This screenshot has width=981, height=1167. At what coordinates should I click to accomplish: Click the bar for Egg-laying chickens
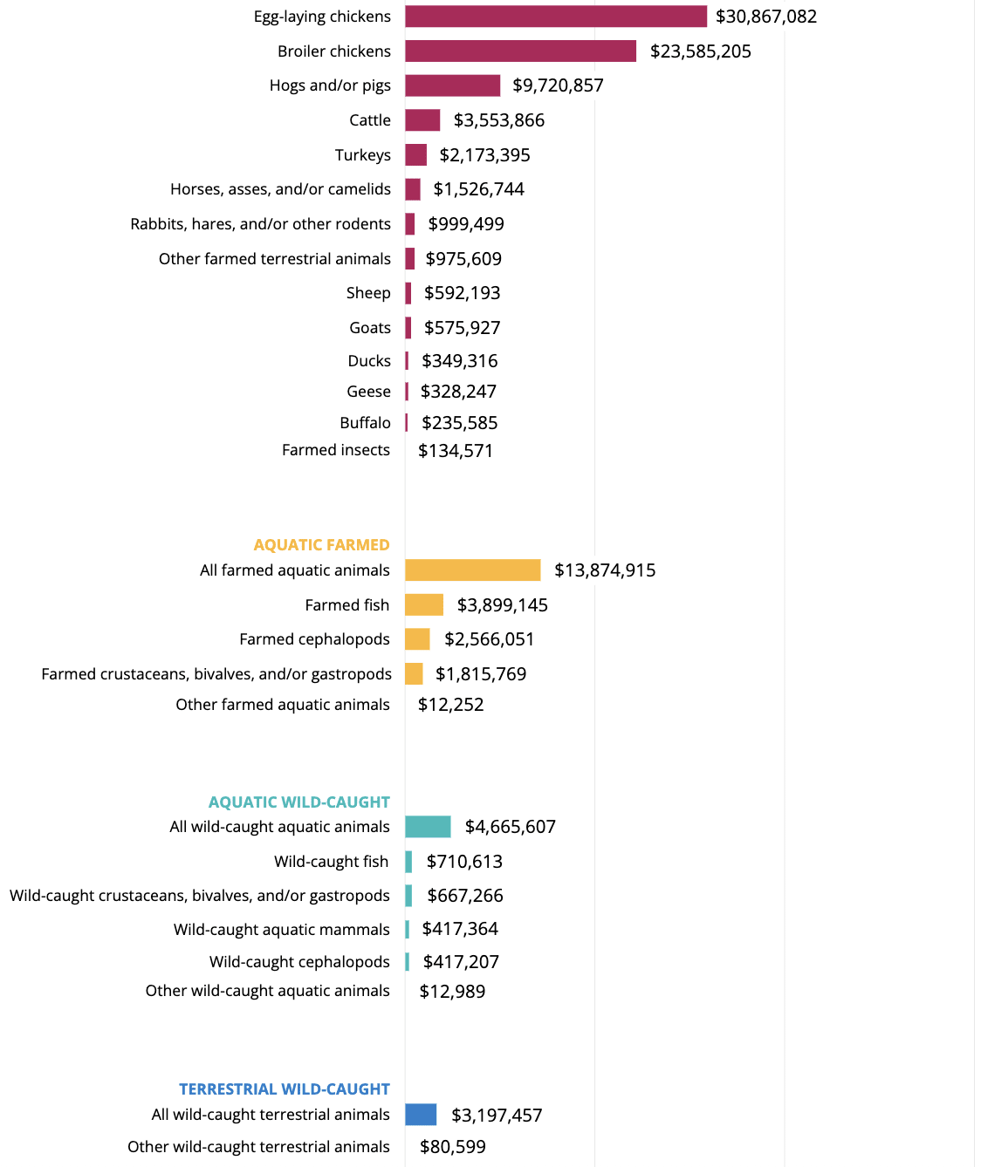pos(555,17)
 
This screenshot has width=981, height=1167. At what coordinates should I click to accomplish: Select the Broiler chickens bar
pos(520,51)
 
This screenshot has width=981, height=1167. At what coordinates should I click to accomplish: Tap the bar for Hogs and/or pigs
pos(452,85)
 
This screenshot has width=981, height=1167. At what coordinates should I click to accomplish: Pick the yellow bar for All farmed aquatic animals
pos(472,570)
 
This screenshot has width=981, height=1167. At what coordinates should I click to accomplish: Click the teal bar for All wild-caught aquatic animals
pos(428,827)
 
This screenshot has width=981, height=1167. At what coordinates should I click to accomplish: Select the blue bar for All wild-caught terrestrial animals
pos(421,1115)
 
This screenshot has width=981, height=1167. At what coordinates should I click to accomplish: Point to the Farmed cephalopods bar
pos(417,639)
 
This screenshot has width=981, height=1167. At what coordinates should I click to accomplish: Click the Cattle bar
pos(422,120)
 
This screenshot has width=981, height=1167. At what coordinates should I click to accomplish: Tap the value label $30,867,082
pos(766,17)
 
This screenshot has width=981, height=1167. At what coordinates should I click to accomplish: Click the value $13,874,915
pos(605,570)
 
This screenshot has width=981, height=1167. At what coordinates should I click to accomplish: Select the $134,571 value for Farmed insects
pos(456,451)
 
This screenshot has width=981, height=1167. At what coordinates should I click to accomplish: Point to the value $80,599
pos(453,1147)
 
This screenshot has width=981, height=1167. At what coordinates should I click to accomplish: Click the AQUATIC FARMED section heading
pos(321,545)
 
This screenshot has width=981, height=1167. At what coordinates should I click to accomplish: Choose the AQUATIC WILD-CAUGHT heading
pos(298,802)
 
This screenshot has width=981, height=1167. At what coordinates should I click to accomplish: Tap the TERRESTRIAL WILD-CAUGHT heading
pos(284,1089)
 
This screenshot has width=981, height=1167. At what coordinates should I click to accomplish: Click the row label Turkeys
pos(362,155)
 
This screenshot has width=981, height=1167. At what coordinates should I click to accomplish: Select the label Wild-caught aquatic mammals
pos(281,930)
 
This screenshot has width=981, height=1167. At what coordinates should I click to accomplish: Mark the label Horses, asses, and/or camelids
pos(280,189)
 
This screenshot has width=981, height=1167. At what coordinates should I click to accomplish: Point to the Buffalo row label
pos(365,423)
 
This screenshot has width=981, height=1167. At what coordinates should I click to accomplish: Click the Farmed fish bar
pos(424,605)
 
